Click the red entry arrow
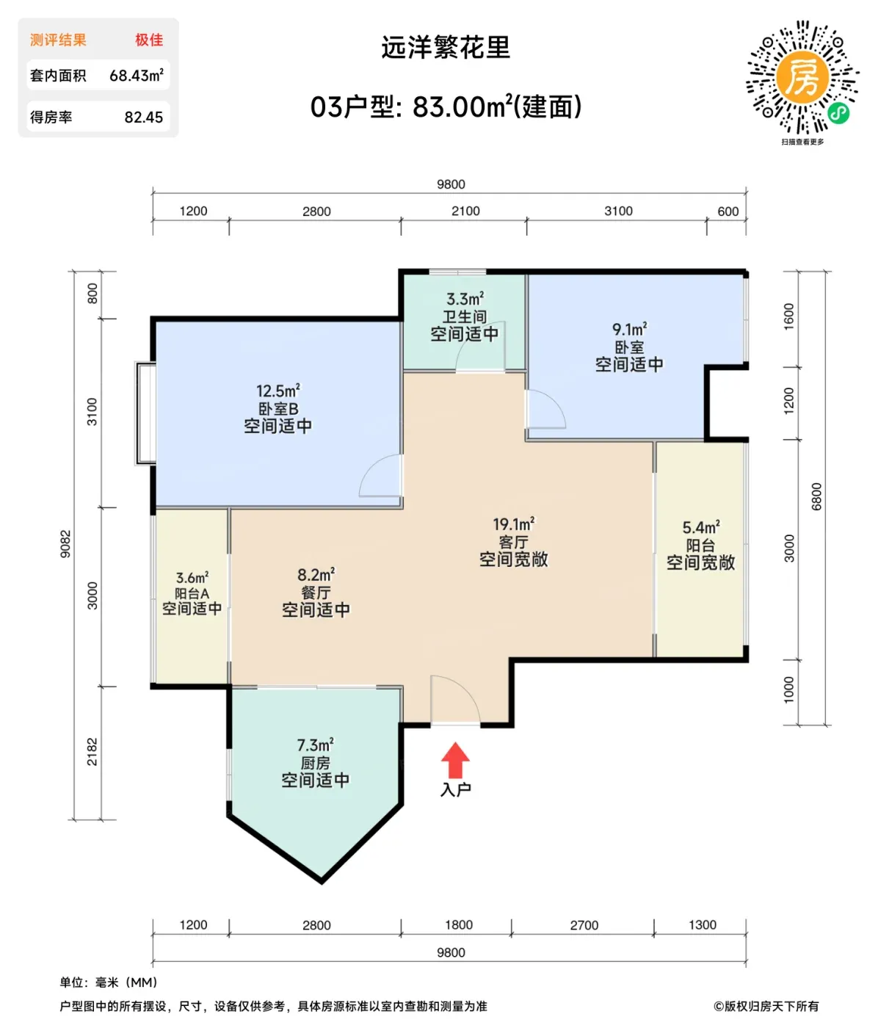pyautogui.click(x=455, y=760)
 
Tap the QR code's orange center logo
pyautogui.click(x=802, y=76)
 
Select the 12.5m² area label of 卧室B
pyautogui.click(x=278, y=391)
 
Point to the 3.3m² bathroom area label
pyautogui.click(x=465, y=299)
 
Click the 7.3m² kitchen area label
pyautogui.click(x=316, y=745)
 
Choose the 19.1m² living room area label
pyautogui.click(x=513, y=524)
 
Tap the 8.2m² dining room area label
pyautogui.click(x=316, y=574)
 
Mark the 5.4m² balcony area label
pyautogui.click(x=700, y=527)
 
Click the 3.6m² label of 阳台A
pyautogui.click(x=192, y=577)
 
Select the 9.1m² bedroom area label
pyautogui.click(x=629, y=329)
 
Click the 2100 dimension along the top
pyautogui.click(x=465, y=211)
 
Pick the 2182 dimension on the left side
pyautogui.click(x=93, y=752)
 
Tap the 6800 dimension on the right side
pyautogui.click(x=816, y=496)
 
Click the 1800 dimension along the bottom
pyautogui.click(x=459, y=924)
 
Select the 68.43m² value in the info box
pyautogui.click(x=137, y=76)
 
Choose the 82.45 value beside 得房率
pyautogui.click(x=144, y=117)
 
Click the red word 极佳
pyautogui.click(x=149, y=40)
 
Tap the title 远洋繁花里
pyautogui.click(x=446, y=47)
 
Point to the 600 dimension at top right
pyautogui.click(x=728, y=211)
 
